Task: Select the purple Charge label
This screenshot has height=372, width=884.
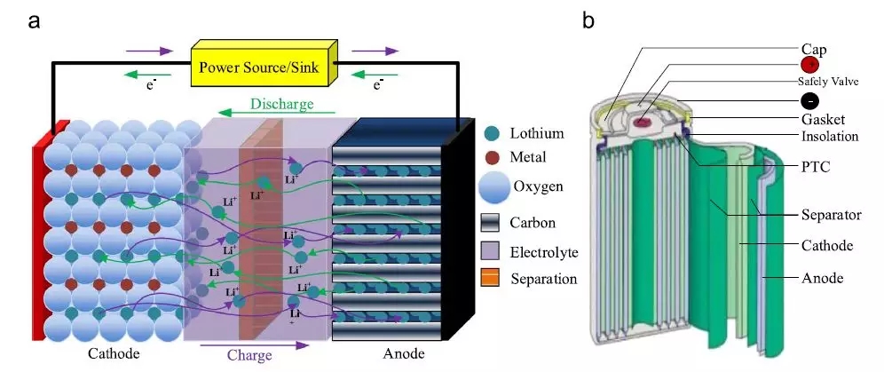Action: coord(249,355)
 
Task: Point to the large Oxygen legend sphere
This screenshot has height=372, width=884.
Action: coord(494,188)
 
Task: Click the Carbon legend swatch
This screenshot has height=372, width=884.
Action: coord(493,222)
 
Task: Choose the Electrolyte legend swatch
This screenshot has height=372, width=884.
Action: coord(493,251)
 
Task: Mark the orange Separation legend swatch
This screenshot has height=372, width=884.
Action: coord(493,279)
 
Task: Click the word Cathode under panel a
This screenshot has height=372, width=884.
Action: coord(114,354)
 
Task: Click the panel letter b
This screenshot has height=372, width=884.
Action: coord(588,20)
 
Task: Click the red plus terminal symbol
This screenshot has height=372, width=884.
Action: coord(809,65)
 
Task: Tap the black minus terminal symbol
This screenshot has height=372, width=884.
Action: coord(809,100)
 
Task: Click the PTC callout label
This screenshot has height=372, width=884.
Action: coord(815,165)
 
